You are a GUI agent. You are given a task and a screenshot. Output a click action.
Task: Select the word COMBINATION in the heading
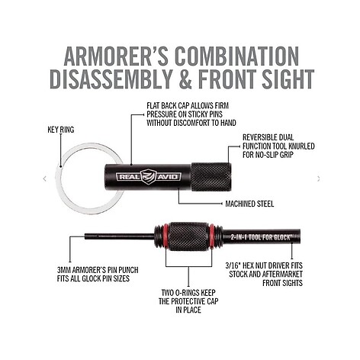(237, 56)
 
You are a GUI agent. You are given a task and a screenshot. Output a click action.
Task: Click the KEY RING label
(61, 130)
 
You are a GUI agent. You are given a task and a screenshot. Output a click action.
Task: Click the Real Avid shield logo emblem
(149, 177)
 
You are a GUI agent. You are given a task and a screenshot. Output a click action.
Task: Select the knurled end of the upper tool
(211, 177)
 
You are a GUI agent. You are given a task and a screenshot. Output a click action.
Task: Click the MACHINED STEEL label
(249, 204)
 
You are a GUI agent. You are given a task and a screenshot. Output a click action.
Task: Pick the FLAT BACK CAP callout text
(191, 114)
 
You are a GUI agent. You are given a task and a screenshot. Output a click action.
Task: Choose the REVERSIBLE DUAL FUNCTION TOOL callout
(278, 146)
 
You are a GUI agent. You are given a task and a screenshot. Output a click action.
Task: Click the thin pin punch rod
(120, 236)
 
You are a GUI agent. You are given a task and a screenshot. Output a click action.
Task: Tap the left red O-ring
(164, 236)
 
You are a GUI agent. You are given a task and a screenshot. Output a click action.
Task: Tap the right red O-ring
(211, 236)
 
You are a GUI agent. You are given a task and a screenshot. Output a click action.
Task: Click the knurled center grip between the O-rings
(188, 236)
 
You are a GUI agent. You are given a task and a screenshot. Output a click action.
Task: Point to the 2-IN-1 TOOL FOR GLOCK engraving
(260, 237)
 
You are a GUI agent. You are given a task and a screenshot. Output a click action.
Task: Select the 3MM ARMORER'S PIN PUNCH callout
(98, 274)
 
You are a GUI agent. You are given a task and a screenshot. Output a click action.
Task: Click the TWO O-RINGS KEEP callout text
(188, 301)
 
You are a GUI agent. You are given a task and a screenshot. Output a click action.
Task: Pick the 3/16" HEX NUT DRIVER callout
(264, 275)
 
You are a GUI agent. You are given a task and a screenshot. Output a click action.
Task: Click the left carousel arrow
(45, 178)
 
